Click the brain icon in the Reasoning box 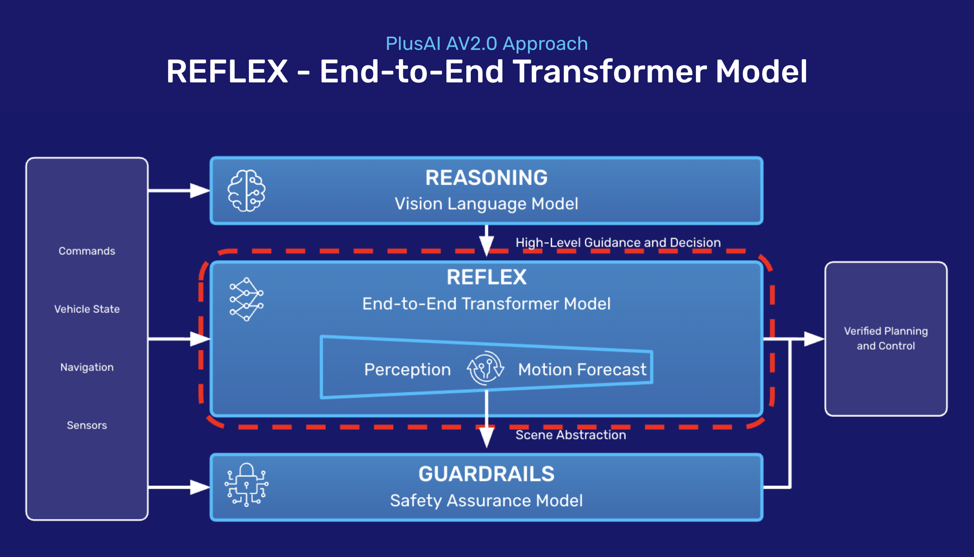point(246,191)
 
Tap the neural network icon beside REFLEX point(246,300)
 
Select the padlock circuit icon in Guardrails point(246,485)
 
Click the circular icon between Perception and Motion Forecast point(485,368)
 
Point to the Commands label point(87,251)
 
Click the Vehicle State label point(87,309)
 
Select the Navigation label point(87,367)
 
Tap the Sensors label point(87,425)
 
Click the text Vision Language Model point(486,204)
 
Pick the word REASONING point(486,178)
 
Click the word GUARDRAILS point(486,474)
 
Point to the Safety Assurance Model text point(486,501)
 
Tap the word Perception point(407,369)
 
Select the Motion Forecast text point(582,369)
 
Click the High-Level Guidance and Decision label point(618,242)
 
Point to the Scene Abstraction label point(571,435)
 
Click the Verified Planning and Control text point(886,338)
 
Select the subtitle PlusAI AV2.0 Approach point(487,43)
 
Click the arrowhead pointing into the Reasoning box point(200,190)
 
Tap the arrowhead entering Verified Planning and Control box point(814,339)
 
